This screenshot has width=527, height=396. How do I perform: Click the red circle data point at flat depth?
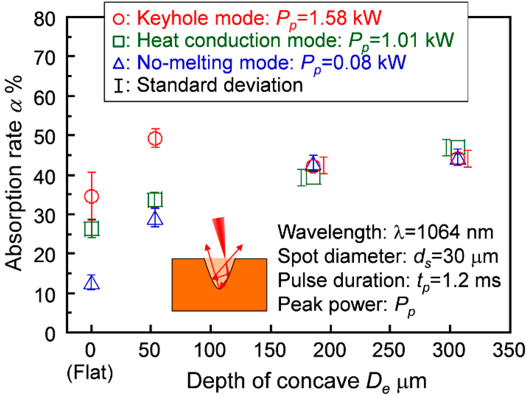pyautogui.click(x=92, y=196)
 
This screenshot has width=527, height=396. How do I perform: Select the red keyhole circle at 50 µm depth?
pyautogui.click(x=155, y=138)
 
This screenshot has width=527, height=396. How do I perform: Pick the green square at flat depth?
pyautogui.click(x=92, y=228)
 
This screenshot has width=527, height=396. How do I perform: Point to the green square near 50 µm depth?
pyautogui.click(x=155, y=200)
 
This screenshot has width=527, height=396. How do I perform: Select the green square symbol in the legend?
pyautogui.click(x=119, y=41)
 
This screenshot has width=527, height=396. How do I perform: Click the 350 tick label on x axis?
pyautogui.click(x=509, y=350)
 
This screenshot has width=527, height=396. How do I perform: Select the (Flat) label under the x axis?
pyautogui.click(x=90, y=373)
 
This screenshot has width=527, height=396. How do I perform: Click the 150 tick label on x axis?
pyautogui.click(x=270, y=350)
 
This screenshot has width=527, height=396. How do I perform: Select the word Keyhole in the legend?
pyautogui.click(x=173, y=18)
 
